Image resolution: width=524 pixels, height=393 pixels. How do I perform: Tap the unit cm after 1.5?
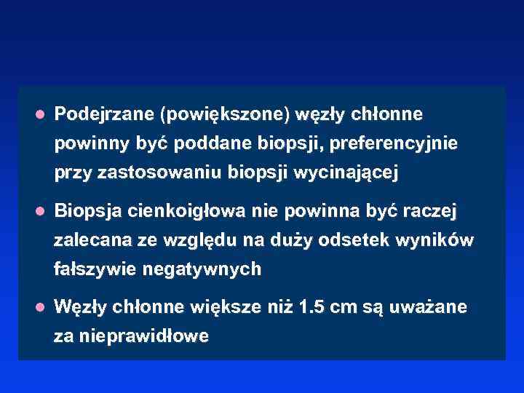(x=344, y=307)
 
